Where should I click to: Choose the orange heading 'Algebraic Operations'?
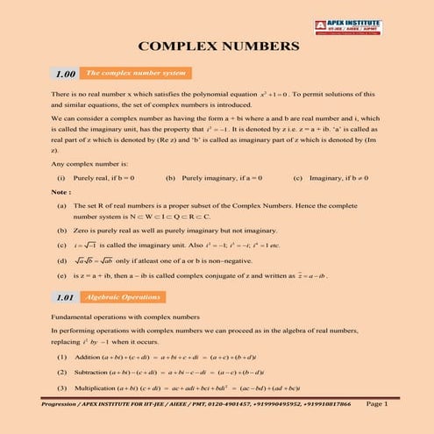pyautogui.click(x=116, y=298)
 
